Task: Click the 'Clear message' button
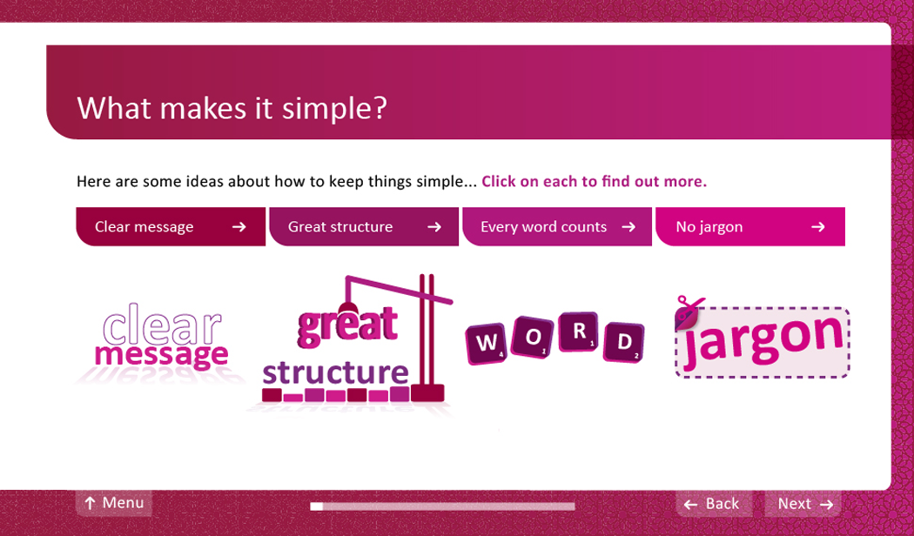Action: coord(171,226)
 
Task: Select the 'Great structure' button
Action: coord(364,226)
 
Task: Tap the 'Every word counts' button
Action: coord(557,226)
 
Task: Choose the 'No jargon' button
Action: coord(750,226)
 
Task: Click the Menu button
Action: coord(114,503)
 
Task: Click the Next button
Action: coord(803,504)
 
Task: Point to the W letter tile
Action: coord(486,343)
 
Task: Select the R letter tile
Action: coord(578,332)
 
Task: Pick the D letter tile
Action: coord(623,342)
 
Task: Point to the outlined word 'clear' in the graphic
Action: coord(162,324)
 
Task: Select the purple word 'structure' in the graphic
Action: coord(335,372)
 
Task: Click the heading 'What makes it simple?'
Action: coord(232,109)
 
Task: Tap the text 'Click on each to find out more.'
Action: coord(594,181)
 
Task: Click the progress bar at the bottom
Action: coord(442,506)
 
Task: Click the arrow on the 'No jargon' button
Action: coord(818,226)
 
